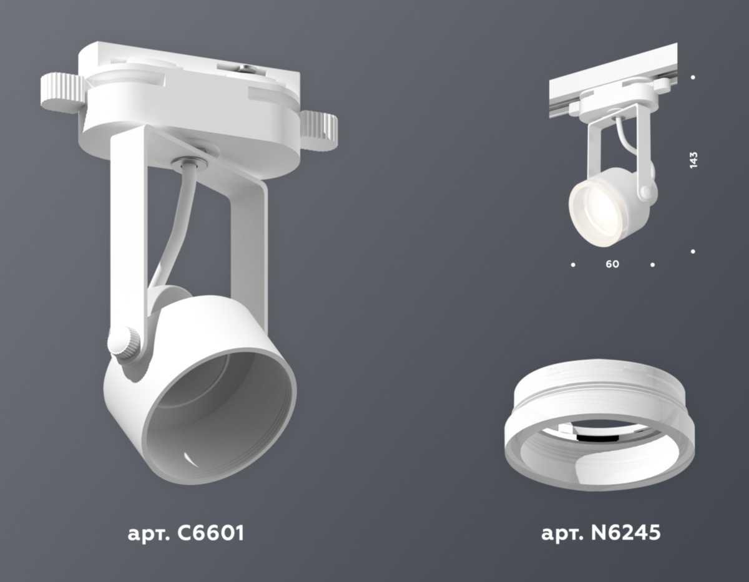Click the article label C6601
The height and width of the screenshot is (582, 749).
(x=185, y=534)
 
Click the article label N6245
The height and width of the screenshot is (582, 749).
(x=600, y=534)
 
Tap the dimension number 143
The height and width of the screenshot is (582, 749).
(x=693, y=159)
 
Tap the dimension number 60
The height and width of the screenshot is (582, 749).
(x=612, y=264)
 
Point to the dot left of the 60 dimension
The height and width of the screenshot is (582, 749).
(x=573, y=265)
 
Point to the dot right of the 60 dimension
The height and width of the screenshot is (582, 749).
(x=652, y=265)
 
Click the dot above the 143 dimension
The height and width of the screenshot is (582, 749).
(x=693, y=78)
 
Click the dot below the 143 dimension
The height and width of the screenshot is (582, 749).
(x=693, y=251)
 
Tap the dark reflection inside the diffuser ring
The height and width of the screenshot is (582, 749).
(x=589, y=438)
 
